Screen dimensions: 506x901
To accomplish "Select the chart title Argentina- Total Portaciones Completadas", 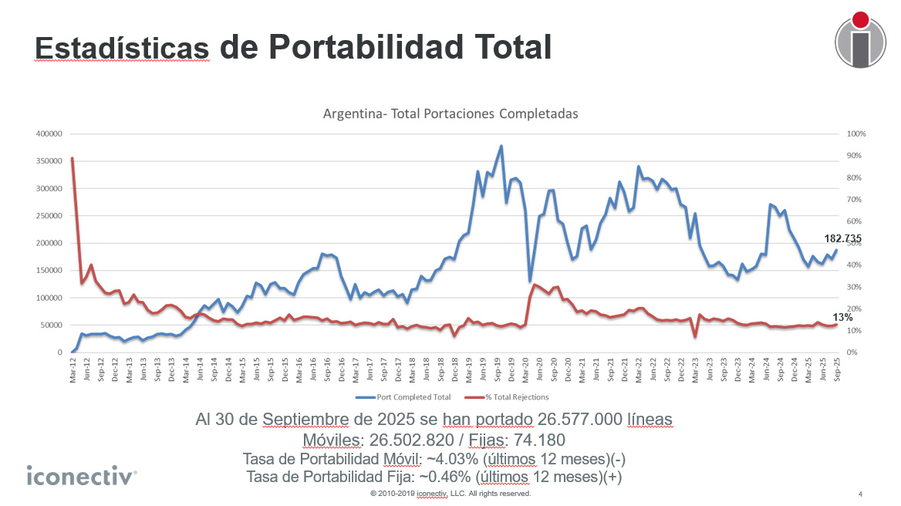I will (x=450, y=113).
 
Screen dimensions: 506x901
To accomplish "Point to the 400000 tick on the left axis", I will (x=49, y=133).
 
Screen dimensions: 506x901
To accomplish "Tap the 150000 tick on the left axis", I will (x=49, y=270).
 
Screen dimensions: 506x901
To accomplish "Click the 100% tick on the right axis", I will (x=857, y=133).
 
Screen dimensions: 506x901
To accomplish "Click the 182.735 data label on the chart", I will (x=842, y=239).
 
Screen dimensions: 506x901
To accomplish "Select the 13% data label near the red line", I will (x=842, y=318).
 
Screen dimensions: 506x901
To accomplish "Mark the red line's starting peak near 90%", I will (x=73, y=158).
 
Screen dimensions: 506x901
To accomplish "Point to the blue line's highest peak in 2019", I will (x=501, y=146).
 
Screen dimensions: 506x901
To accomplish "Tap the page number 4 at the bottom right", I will (x=860, y=494).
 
